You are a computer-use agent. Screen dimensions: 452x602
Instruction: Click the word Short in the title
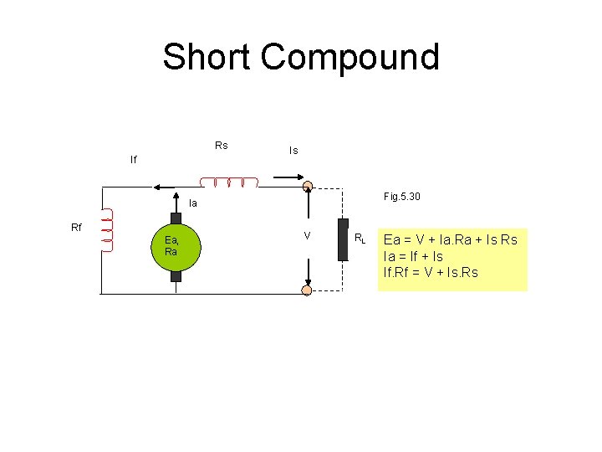pyautogui.click(x=206, y=57)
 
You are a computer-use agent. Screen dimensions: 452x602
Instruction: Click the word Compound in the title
pyautogui.click(x=349, y=57)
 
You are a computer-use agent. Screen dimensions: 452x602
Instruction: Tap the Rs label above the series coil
pyautogui.click(x=221, y=146)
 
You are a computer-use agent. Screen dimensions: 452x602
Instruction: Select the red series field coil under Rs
pyautogui.click(x=229, y=182)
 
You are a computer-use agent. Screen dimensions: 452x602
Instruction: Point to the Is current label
pyautogui.click(x=293, y=151)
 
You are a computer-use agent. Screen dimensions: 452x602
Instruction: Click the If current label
pyautogui.click(x=133, y=158)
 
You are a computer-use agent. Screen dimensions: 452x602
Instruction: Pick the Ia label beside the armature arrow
pyautogui.click(x=193, y=203)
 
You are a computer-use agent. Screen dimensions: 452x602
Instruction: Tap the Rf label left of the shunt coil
pyautogui.click(x=76, y=227)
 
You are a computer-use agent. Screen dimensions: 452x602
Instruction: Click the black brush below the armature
pyautogui.click(x=176, y=275)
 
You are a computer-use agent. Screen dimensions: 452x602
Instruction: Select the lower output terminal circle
pyautogui.click(x=307, y=290)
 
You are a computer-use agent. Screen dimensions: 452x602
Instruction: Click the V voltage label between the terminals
pyautogui.click(x=307, y=236)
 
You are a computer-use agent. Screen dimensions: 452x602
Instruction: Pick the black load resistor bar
pyautogui.click(x=343, y=239)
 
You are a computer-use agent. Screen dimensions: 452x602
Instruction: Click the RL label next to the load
pyautogui.click(x=360, y=239)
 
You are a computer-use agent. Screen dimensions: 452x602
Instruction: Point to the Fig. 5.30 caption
pyautogui.click(x=401, y=197)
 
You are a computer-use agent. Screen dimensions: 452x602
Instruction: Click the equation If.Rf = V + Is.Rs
pyautogui.click(x=431, y=272)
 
